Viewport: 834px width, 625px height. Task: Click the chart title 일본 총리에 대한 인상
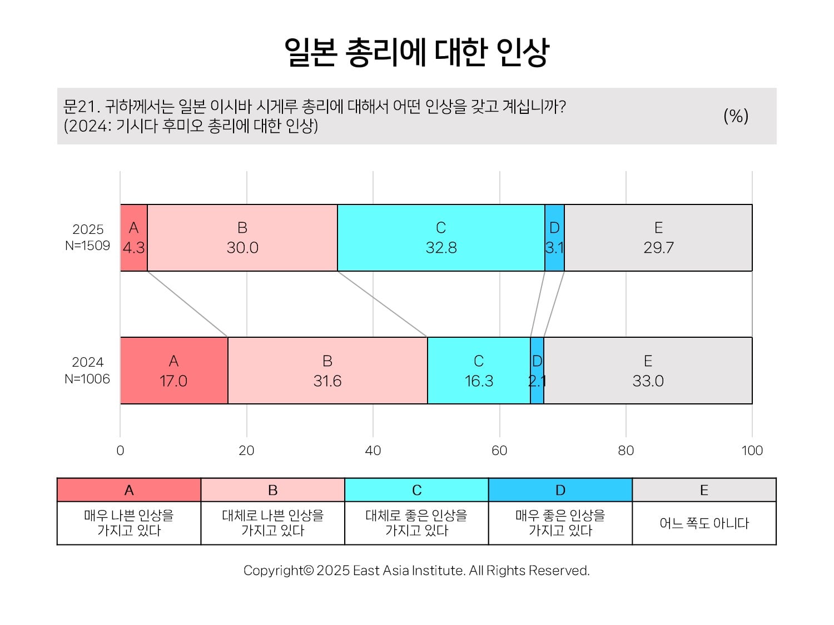click(x=416, y=52)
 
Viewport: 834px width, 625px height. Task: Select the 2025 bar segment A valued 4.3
click(x=134, y=238)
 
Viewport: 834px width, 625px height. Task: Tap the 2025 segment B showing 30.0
click(x=242, y=238)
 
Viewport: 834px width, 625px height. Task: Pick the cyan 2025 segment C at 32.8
click(x=441, y=238)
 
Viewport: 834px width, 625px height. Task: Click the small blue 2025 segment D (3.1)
click(x=554, y=238)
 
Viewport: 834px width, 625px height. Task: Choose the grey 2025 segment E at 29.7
click(x=658, y=238)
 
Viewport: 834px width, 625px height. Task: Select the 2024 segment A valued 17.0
click(x=174, y=371)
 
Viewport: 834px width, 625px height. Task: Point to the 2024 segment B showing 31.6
click(x=327, y=371)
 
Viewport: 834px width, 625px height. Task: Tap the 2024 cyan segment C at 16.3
click(x=479, y=371)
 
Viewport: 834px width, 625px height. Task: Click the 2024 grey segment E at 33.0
click(x=648, y=371)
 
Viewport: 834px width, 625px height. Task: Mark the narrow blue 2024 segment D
click(x=537, y=371)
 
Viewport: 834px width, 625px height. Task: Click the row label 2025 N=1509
click(x=88, y=237)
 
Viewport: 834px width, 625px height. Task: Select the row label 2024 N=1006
click(x=88, y=371)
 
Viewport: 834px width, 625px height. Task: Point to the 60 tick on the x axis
click(x=499, y=451)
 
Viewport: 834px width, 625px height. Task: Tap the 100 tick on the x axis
click(x=752, y=451)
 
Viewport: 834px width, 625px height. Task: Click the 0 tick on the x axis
click(x=120, y=451)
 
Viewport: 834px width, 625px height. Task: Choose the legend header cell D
click(x=560, y=490)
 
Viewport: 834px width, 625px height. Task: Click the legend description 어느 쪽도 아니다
click(x=704, y=523)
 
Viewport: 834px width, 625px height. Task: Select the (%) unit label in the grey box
click(x=736, y=116)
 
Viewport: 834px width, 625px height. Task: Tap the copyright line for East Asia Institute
click(x=416, y=571)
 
